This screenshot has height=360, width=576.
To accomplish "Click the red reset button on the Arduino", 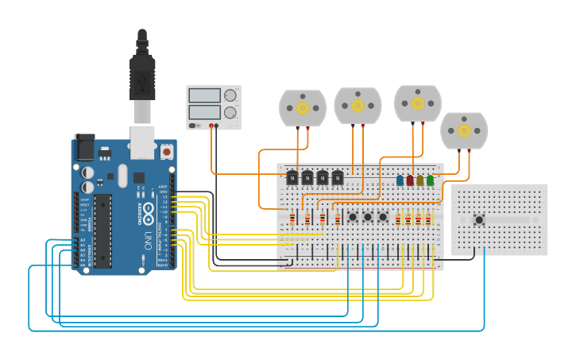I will click(x=167, y=150).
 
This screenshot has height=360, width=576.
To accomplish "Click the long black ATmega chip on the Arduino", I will click(x=103, y=230).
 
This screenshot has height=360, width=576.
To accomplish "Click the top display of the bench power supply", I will click(x=204, y=95).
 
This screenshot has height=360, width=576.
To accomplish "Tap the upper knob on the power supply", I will click(x=230, y=95).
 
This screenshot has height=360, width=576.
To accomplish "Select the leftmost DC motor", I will click(x=303, y=108).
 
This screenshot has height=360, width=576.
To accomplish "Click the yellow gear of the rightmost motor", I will click(x=464, y=130).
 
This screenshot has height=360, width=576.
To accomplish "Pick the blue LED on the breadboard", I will click(x=400, y=180).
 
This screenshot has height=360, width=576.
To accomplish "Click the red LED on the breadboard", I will click(x=410, y=180).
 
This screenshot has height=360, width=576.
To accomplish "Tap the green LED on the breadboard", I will click(x=430, y=180).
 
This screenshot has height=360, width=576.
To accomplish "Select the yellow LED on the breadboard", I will click(x=419, y=180).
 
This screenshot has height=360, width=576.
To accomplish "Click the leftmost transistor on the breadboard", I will click(x=292, y=178).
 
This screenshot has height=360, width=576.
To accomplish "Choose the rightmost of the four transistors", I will click(x=338, y=178).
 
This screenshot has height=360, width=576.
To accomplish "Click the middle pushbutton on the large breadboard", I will click(x=367, y=217).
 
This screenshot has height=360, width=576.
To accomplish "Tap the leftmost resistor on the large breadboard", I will click(x=292, y=219).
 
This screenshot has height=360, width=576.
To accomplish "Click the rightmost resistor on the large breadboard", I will click(x=427, y=219).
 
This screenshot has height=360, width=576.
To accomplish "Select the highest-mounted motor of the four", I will click(x=417, y=103).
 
